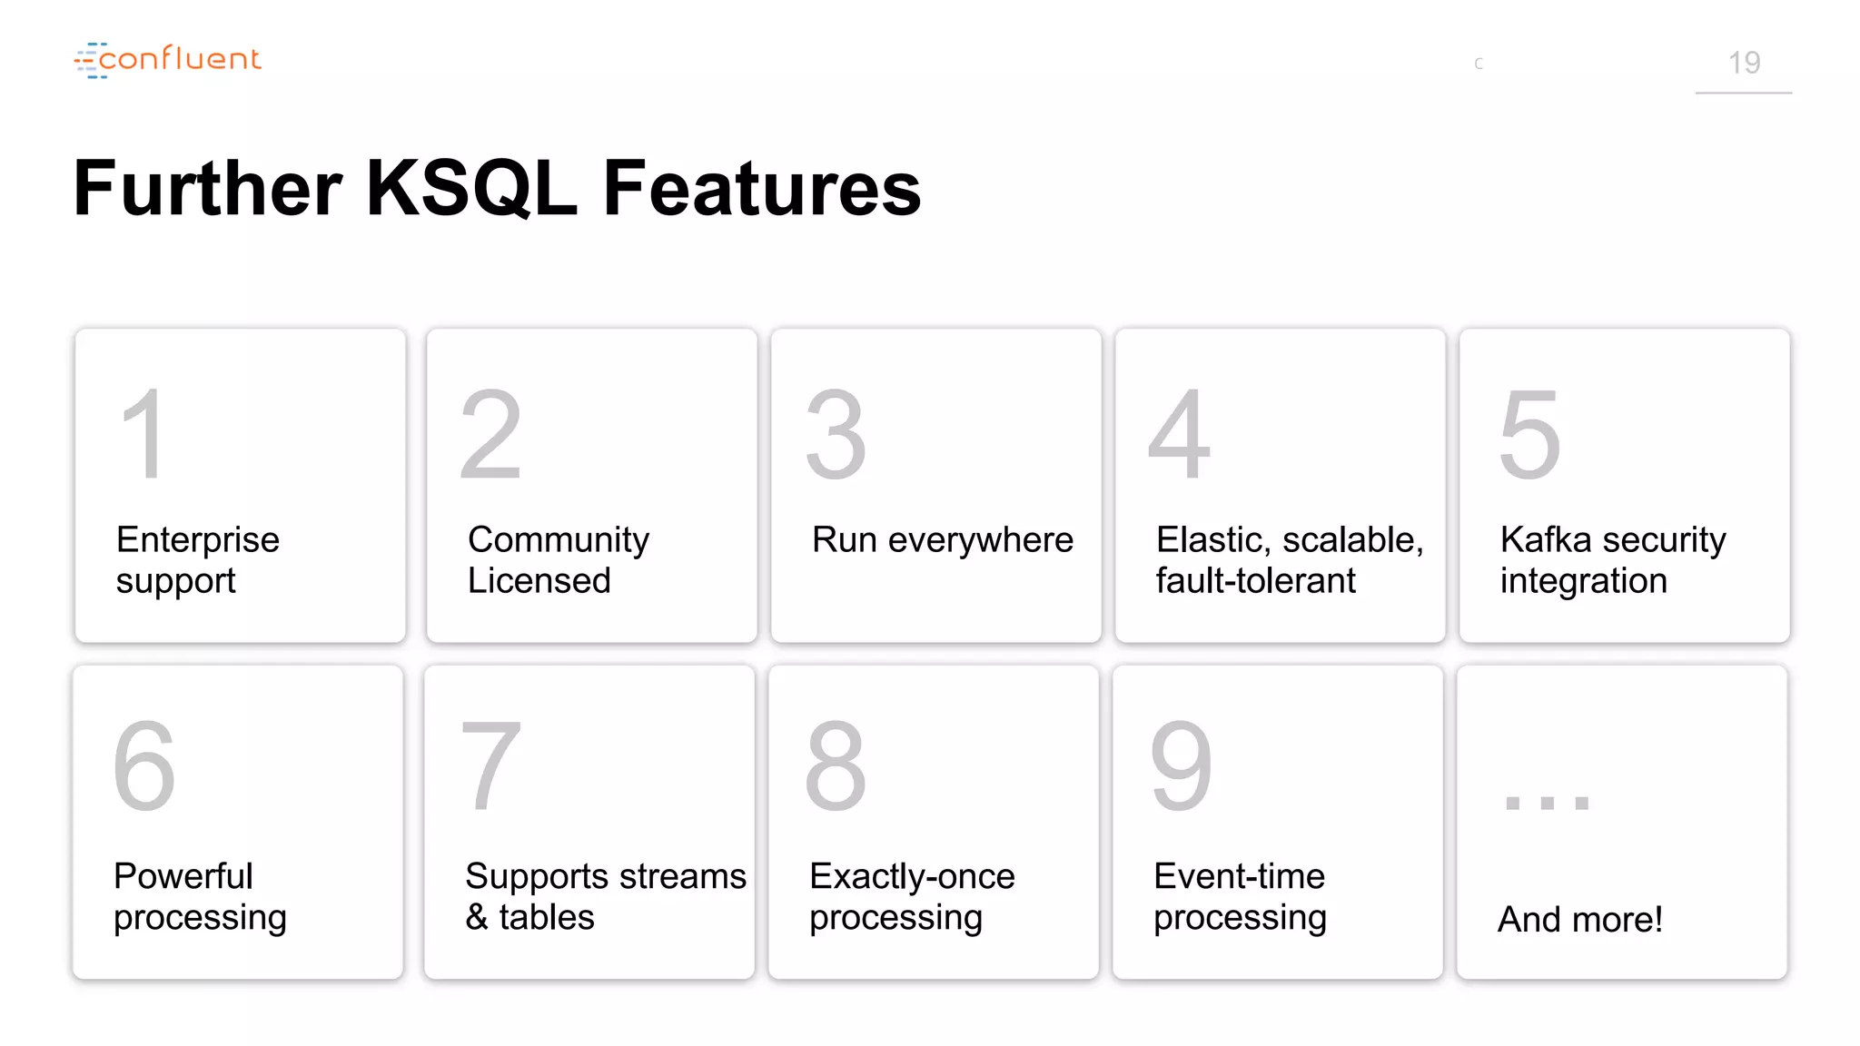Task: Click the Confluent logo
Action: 168,60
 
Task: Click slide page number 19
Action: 1743,63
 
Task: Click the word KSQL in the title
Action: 471,188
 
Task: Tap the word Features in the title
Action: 761,188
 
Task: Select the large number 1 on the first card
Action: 144,434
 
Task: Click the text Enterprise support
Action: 197,559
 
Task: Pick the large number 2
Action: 490,434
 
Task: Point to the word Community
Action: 558,539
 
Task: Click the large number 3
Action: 836,434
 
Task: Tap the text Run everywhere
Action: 942,539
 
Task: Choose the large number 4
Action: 1179,434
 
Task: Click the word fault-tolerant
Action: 1255,581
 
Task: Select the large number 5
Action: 1529,434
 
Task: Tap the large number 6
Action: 143,766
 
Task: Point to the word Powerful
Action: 183,876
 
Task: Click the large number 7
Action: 490,766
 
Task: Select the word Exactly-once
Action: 911,876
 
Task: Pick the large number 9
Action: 1181,766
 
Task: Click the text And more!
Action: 1579,919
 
